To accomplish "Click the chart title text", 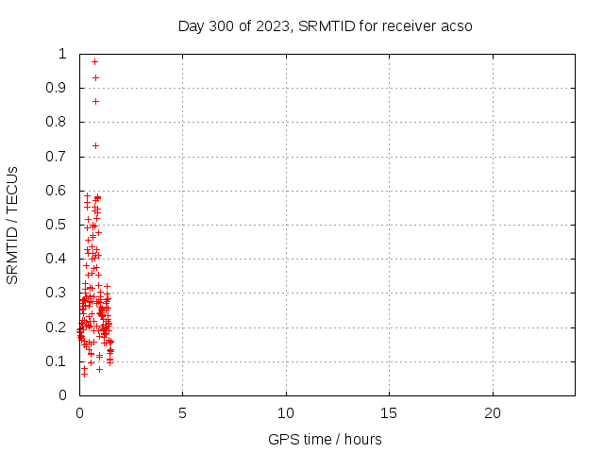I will coord(325,25).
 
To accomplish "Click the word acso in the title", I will coord(456,25).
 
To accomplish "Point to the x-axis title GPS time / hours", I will coord(325,439).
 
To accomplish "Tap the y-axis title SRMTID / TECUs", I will coord(13,225).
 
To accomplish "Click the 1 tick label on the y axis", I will coord(61,54).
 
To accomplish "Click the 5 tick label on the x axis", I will coord(183,413).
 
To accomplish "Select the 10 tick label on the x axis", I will coord(286,413).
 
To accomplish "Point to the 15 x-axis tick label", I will coord(389,413).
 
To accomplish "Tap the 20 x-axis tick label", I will coord(492,413).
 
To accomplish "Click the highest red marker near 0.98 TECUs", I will coord(94,61).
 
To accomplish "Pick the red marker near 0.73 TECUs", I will coord(95,145).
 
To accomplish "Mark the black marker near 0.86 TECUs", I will coord(95,101).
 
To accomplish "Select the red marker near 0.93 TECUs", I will coord(95,77).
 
